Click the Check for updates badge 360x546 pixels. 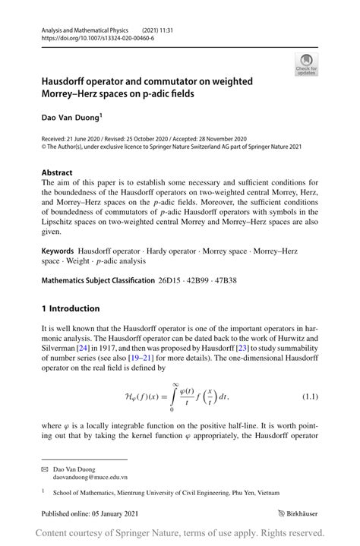306,64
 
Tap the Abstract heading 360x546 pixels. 57,172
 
